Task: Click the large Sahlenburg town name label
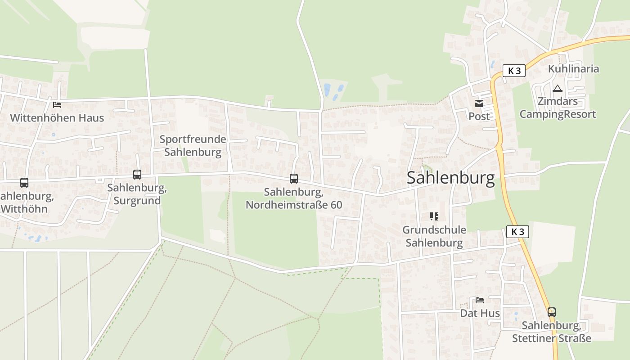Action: tap(450, 178)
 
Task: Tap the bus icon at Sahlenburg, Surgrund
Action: tap(137, 175)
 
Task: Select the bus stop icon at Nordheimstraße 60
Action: tap(294, 179)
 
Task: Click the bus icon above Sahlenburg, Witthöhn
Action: tap(24, 183)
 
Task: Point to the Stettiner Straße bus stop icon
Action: tap(551, 312)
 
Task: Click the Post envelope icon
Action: tap(478, 103)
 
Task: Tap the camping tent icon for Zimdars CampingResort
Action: tap(558, 88)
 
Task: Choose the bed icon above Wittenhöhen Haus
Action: tap(57, 105)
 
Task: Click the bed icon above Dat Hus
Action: tap(480, 300)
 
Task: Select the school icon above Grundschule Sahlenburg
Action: tap(434, 216)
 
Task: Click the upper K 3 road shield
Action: tap(514, 71)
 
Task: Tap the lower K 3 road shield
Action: tap(517, 232)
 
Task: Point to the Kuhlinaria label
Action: tap(573, 69)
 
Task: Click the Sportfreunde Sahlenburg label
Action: tap(193, 145)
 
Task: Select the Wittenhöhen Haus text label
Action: tap(57, 118)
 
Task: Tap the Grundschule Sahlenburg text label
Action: tap(434, 236)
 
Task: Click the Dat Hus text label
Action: tap(480, 313)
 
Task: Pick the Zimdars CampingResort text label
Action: tap(558, 108)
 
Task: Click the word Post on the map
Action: tap(479, 116)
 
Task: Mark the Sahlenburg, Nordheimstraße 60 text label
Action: tap(294, 198)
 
